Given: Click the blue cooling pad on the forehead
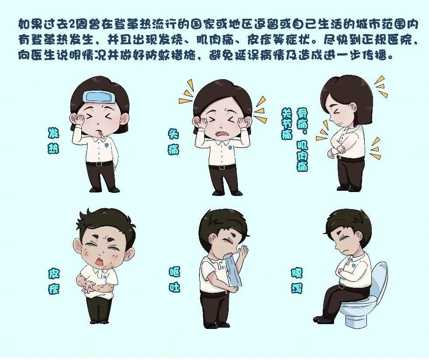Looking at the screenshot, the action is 99,96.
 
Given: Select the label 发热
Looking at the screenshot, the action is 53,140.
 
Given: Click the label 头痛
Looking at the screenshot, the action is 174,142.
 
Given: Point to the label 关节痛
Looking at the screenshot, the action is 287,123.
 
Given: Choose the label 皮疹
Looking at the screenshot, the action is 54,281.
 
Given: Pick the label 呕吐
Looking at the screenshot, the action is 174,279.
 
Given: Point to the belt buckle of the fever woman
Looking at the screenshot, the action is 99,164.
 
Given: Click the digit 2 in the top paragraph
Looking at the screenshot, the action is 73,24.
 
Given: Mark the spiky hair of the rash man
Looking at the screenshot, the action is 105,223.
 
